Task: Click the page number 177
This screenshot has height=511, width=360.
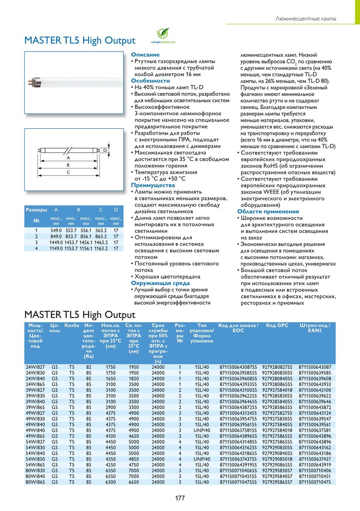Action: (180, 498)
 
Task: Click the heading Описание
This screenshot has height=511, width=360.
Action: (145, 55)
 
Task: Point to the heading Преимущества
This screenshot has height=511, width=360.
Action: (153, 185)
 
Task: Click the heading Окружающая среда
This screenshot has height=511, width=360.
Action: (158, 283)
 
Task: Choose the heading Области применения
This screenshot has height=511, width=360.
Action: (268, 212)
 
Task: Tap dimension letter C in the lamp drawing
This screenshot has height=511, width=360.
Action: (68, 172)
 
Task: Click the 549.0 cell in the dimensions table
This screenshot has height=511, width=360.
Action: (55, 231)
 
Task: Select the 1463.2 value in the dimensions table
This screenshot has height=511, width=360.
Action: (100, 242)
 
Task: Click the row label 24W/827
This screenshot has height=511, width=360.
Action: (35, 367)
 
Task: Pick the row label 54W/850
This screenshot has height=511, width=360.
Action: (35, 459)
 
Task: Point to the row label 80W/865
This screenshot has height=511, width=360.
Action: (35, 482)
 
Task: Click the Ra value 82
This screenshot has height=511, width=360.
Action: (89, 367)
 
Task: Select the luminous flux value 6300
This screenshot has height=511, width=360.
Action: (111, 482)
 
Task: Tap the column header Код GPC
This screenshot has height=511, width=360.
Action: (277, 326)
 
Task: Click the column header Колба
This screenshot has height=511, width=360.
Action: (72, 326)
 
